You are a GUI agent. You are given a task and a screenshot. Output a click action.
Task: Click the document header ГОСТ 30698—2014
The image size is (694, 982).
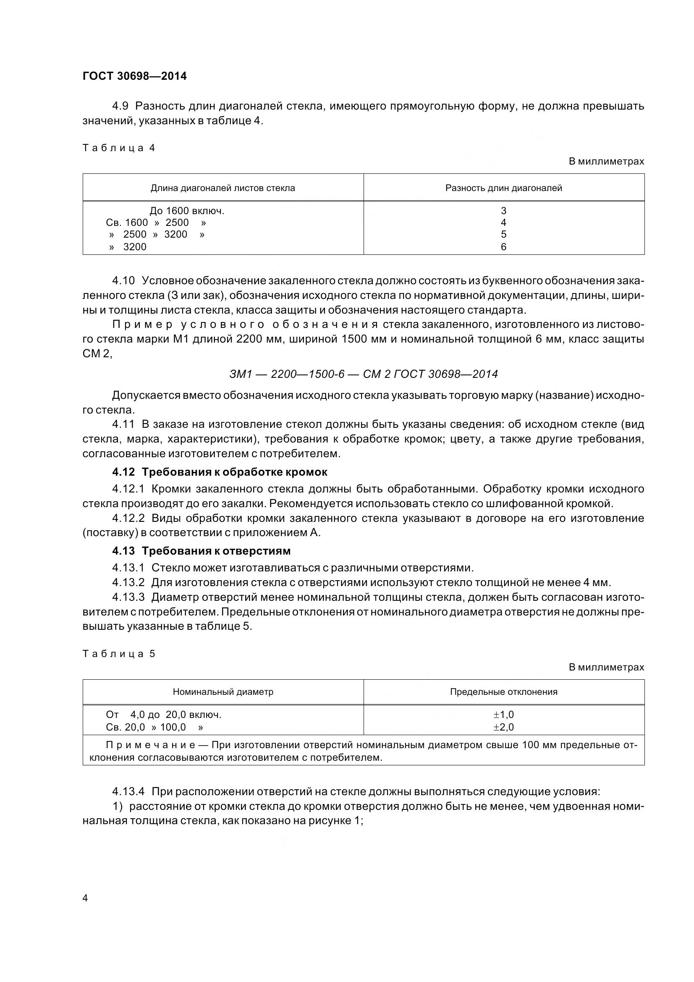click(x=135, y=76)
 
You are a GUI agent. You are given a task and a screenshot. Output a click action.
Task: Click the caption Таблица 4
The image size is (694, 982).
click(x=118, y=148)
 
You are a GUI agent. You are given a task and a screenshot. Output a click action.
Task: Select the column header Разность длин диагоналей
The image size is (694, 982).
click(x=503, y=188)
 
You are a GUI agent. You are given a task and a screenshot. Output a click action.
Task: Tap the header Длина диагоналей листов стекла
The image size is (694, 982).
click(x=223, y=188)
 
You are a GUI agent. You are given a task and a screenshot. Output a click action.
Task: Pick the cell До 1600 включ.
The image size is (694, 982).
click(x=187, y=211)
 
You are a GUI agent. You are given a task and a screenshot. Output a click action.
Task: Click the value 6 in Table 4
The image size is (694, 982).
click(x=503, y=247)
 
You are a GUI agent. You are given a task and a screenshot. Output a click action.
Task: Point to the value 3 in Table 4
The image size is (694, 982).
click(x=503, y=211)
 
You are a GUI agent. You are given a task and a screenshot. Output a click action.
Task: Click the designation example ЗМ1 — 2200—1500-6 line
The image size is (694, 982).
click(x=364, y=374)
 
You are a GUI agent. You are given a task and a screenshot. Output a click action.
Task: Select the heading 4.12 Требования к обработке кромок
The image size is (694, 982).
click(x=220, y=472)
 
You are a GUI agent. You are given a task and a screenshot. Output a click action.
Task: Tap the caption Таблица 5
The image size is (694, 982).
click(x=118, y=654)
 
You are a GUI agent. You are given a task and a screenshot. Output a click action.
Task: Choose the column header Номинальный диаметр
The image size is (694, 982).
click(x=223, y=691)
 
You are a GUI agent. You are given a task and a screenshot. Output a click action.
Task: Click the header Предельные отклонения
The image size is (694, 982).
click(x=503, y=691)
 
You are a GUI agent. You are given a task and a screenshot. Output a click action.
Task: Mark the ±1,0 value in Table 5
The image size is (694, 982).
click(x=503, y=715)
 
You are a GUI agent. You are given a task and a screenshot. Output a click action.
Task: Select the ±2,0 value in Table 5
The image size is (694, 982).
click(x=503, y=727)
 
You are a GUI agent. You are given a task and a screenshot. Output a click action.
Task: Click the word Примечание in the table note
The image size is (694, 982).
click(x=151, y=745)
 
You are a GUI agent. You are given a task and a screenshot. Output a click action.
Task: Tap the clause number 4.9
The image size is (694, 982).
click(x=120, y=106)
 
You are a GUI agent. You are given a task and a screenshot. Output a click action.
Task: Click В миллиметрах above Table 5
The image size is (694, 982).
click(x=606, y=667)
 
